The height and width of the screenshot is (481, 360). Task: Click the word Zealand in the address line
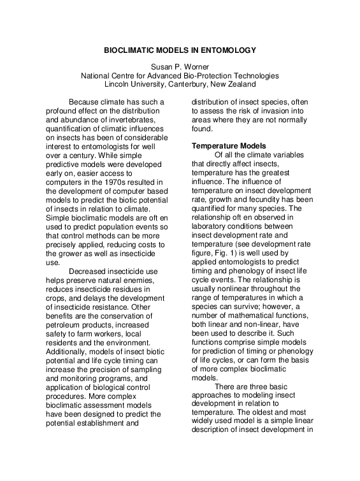pos(240,83)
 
